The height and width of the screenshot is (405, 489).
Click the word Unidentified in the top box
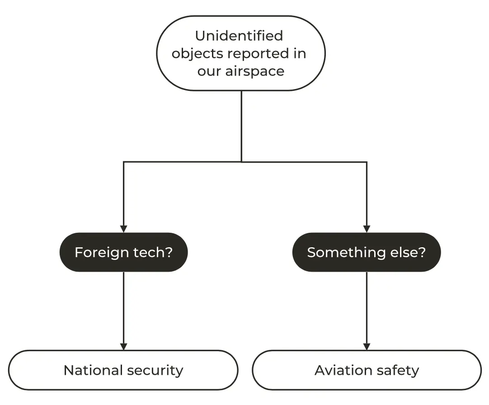point(239,35)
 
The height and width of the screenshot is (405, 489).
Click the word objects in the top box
point(197,54)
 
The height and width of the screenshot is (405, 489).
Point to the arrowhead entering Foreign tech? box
point(123,229)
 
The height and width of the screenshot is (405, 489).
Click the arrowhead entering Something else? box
point(367,229)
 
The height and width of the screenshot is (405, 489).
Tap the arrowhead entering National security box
point(123,346)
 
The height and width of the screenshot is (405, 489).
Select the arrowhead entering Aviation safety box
point(367,346)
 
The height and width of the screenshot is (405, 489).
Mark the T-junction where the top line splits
point(241,161)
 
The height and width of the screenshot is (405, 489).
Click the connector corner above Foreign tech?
point(123,161)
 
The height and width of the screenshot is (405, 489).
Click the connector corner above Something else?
point(367,161)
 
